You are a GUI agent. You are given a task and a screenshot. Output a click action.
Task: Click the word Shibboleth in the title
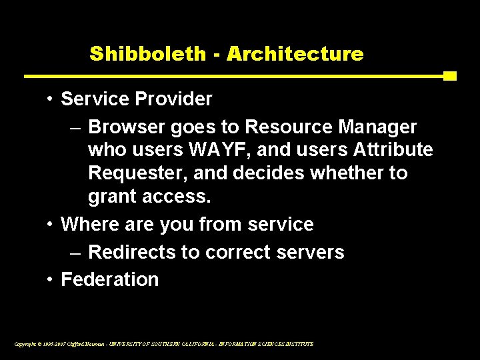point(148,54)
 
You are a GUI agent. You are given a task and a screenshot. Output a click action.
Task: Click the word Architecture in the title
point(295,54)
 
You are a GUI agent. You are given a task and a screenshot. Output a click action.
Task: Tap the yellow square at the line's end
point(449,76)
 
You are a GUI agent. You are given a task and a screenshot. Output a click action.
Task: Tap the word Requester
point(137,173)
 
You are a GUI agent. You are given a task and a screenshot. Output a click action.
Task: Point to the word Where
point(89,224)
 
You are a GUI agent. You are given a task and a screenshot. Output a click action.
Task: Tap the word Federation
point(110,279)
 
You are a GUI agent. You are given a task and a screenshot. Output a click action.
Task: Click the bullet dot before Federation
point(51,279)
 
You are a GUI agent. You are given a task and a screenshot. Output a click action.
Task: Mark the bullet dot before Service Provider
point(51,99)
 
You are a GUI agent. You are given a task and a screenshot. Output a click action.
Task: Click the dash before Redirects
point(75,252)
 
